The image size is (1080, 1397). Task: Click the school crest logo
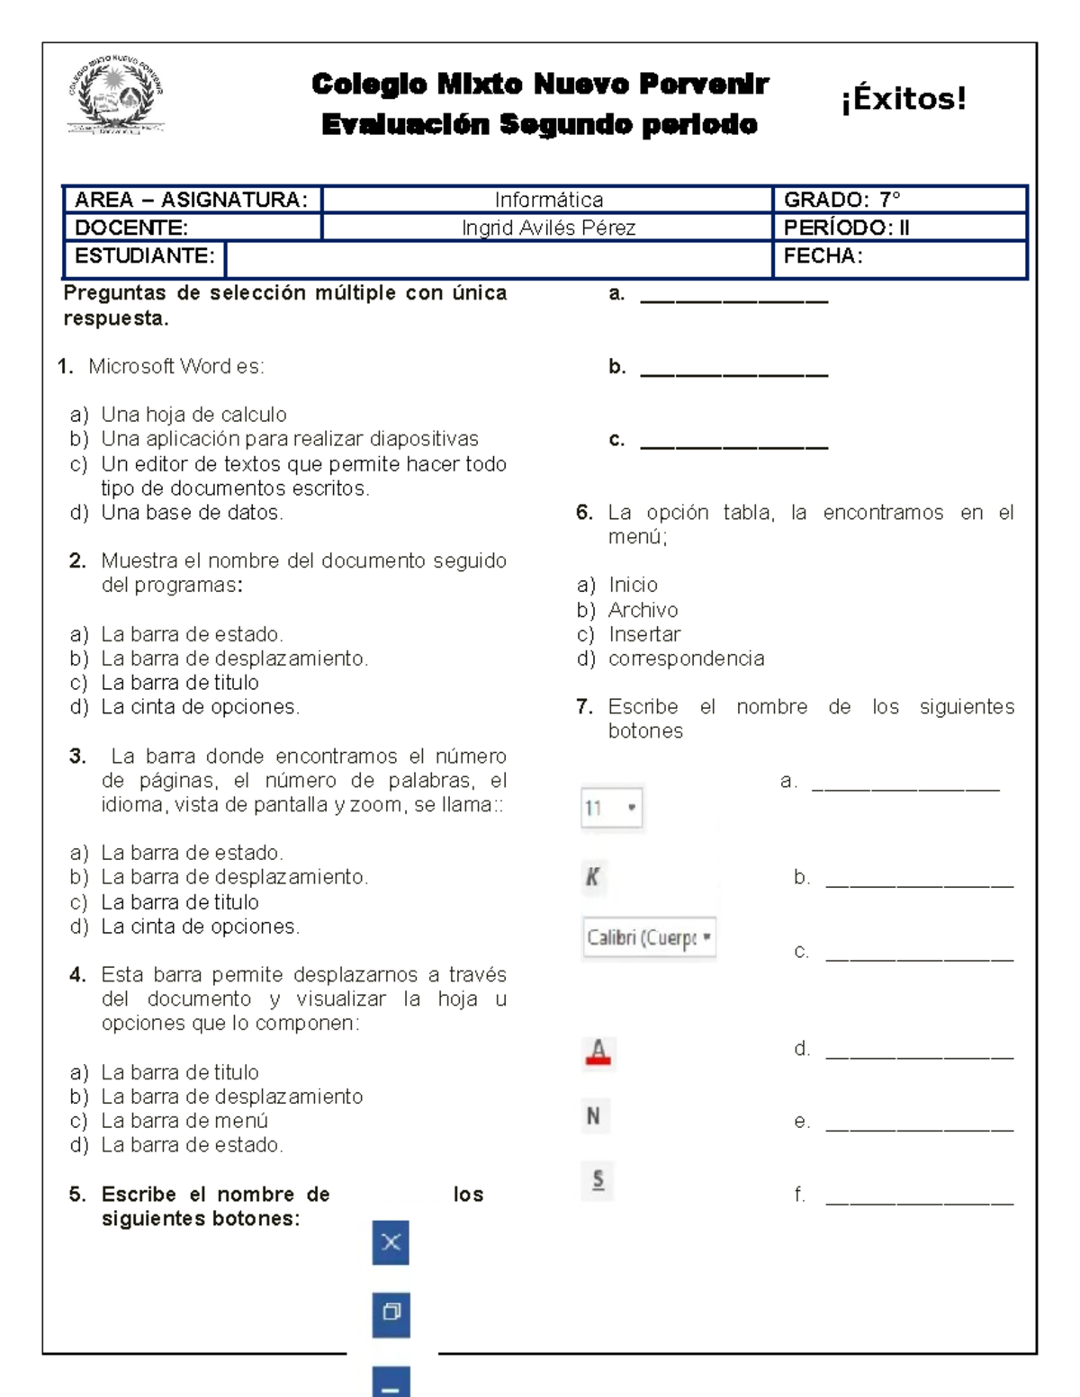[x=116, y=95]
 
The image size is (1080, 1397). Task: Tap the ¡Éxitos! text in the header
[x=903, y=98]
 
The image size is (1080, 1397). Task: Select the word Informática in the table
[x=548, y=200]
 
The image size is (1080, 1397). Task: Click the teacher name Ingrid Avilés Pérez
[x=548, y=228]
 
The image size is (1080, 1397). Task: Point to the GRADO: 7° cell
[x=841, y=200]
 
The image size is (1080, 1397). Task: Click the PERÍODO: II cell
[x=846, y=228]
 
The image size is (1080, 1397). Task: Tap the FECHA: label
[x=823, y=256]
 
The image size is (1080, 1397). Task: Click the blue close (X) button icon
[x=391, y=1242]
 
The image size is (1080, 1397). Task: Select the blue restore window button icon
[x=391, y=1312]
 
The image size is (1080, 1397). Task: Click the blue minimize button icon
[x=391, y=1384]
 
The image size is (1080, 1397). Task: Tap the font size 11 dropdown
[x=611, y=808]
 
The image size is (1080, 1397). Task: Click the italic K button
[x=593, y=877]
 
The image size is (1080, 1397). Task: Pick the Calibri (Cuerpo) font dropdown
[x=649, y=938]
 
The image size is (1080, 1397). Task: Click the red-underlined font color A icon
[x=598, y=1051]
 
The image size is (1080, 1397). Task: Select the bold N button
[x=594, y=1116]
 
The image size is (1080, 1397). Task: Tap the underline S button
[x=598, y=1180]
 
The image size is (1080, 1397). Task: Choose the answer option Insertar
[x=643, y=634]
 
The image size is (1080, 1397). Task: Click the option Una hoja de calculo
[x=193, y=415]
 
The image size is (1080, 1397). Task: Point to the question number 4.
[x=77, y=975]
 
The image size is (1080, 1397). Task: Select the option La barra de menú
[x=184, y=1121]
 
